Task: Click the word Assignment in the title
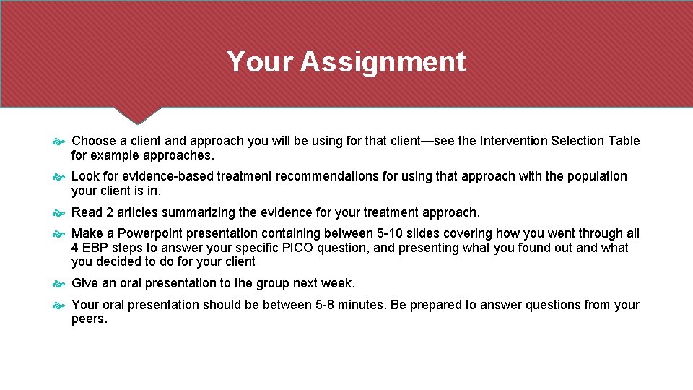383,62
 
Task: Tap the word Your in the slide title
260,62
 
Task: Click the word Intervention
512,141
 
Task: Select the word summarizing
198,212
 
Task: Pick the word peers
89,318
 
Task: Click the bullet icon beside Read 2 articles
59,213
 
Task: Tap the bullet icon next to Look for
59,177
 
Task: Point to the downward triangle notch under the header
137,116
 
